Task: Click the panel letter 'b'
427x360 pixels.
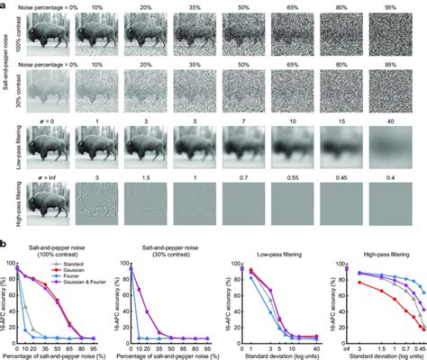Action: point(5,245)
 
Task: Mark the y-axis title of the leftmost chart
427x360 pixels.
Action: point(5,301)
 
